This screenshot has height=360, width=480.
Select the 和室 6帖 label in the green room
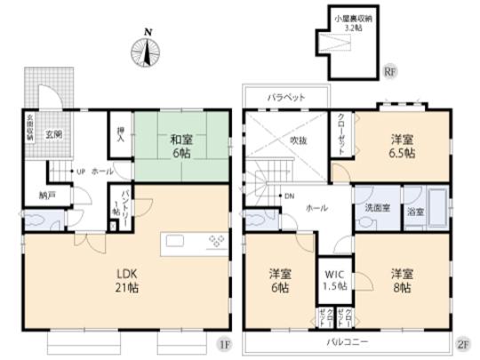180,145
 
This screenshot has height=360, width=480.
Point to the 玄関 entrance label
55,134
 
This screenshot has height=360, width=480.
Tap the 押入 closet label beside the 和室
120,140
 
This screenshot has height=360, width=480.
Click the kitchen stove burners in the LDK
217,241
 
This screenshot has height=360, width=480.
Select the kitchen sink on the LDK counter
173,241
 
